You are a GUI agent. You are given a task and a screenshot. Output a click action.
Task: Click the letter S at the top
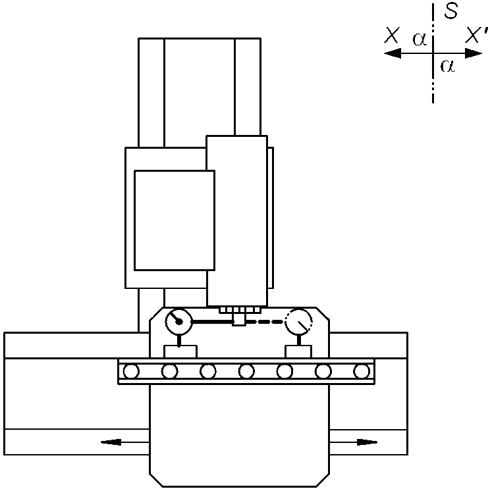coord(451,11)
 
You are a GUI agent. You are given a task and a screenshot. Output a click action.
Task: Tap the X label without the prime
coord(392,35)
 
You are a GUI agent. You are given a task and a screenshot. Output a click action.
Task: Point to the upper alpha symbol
coord(420,39)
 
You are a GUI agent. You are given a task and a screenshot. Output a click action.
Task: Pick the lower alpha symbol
coord(447,66)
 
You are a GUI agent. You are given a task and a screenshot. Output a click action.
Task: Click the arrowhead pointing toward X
coord(393,53)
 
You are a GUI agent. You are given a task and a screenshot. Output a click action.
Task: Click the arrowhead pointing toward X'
coord(474,53)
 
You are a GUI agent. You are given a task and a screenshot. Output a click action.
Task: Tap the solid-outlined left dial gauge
coord(178,321)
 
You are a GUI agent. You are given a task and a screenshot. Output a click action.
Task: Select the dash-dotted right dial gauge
coord(298,321)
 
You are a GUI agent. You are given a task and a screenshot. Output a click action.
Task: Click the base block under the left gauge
coord(180,351)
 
